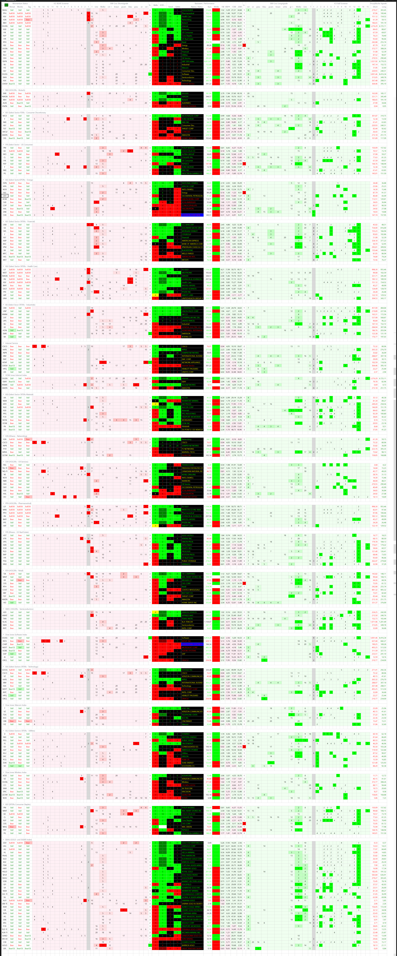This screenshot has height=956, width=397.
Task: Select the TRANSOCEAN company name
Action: click(188, 465)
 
